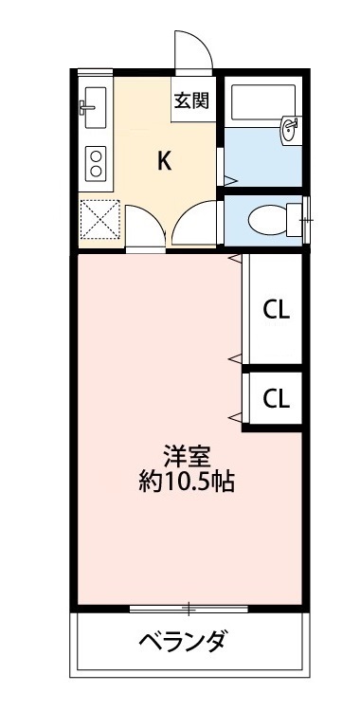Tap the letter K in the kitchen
(x=164, y=161)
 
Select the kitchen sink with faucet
(x=94, y=105)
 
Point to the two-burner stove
(x=95, y=163)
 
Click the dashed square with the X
(x=99, y=220)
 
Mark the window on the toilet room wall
(x=305, y=219)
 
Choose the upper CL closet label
(x=276, y=309)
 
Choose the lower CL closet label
(x=276, y=397)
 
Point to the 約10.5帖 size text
(x=185, y=482)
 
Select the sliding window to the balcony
(x=189, y=607)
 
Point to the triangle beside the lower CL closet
(x=233, y=417)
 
